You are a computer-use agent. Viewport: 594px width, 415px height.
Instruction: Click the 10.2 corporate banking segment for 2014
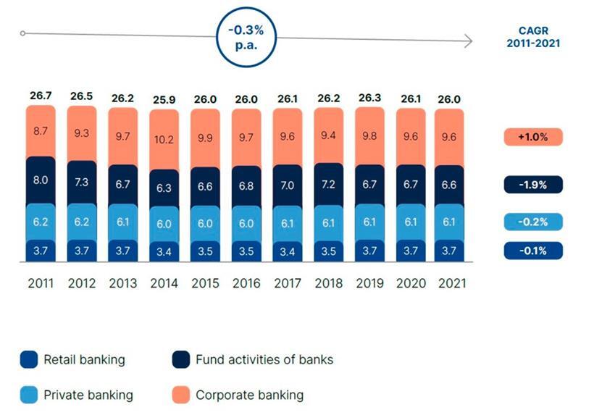click(164, 143)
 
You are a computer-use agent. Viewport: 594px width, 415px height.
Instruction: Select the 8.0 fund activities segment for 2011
click(40, 180)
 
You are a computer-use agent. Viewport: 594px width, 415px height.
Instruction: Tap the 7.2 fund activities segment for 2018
click(328, 184)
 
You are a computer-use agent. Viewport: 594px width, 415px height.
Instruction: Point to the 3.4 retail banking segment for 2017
click(288, 252)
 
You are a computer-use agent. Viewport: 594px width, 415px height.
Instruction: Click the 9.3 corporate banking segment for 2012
click(81, 133)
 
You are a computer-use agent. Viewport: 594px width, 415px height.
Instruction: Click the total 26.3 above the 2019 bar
click(369, 96)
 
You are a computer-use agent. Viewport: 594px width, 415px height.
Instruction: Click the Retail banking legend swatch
click(29, 359)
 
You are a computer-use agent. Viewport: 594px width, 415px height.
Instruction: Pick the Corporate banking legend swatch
click(181, 395)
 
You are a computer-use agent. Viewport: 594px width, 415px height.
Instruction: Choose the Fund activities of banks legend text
click(264, 359)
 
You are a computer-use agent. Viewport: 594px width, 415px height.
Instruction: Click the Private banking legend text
click(88, 395)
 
